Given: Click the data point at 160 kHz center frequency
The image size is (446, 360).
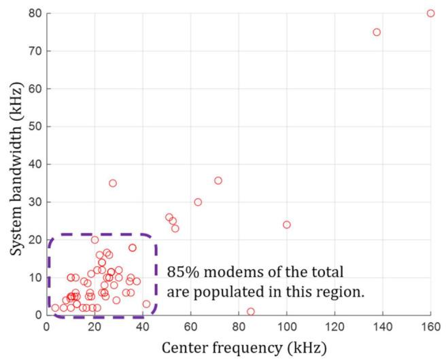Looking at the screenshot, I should tap(430, 13).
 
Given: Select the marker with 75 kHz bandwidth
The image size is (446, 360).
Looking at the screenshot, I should tap(377, 32).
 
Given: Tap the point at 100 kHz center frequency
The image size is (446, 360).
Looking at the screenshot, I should tap(286, 225).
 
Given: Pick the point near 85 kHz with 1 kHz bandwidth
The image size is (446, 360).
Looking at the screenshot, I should tap(251, 312).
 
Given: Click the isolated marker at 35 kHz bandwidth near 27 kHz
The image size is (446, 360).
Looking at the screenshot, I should tap(113, 183).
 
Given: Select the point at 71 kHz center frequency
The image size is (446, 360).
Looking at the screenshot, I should tap(218, 181).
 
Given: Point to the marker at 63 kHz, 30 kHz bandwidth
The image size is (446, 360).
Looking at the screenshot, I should tap(198, 202).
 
